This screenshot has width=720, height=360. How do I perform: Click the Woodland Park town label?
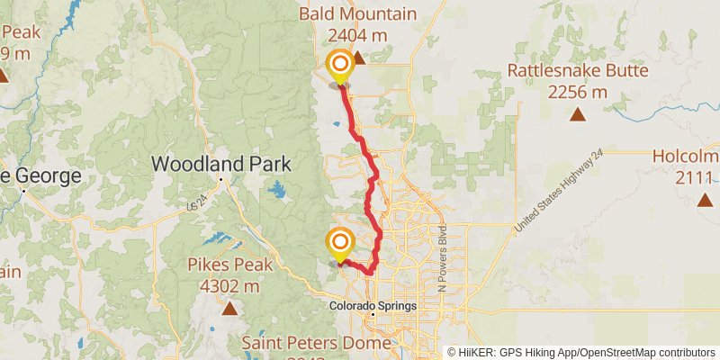(x=221, y=164)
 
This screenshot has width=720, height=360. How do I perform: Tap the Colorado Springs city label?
(x=372, y=306)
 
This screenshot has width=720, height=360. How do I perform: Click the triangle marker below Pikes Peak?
(x=230, y=310)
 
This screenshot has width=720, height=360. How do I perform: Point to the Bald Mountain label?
(x=358, y=13)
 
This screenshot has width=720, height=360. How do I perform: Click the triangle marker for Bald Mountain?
(x=358, y=58)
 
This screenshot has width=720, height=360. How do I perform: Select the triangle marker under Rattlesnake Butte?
(x=577, y=114)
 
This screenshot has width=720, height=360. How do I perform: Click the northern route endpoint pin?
(x=340, y=65)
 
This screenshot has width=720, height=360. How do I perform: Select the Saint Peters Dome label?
(x=316, y=343)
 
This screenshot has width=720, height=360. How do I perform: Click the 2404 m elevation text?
(x=358, y=36)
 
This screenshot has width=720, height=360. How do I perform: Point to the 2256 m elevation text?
(x=577, y=92)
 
